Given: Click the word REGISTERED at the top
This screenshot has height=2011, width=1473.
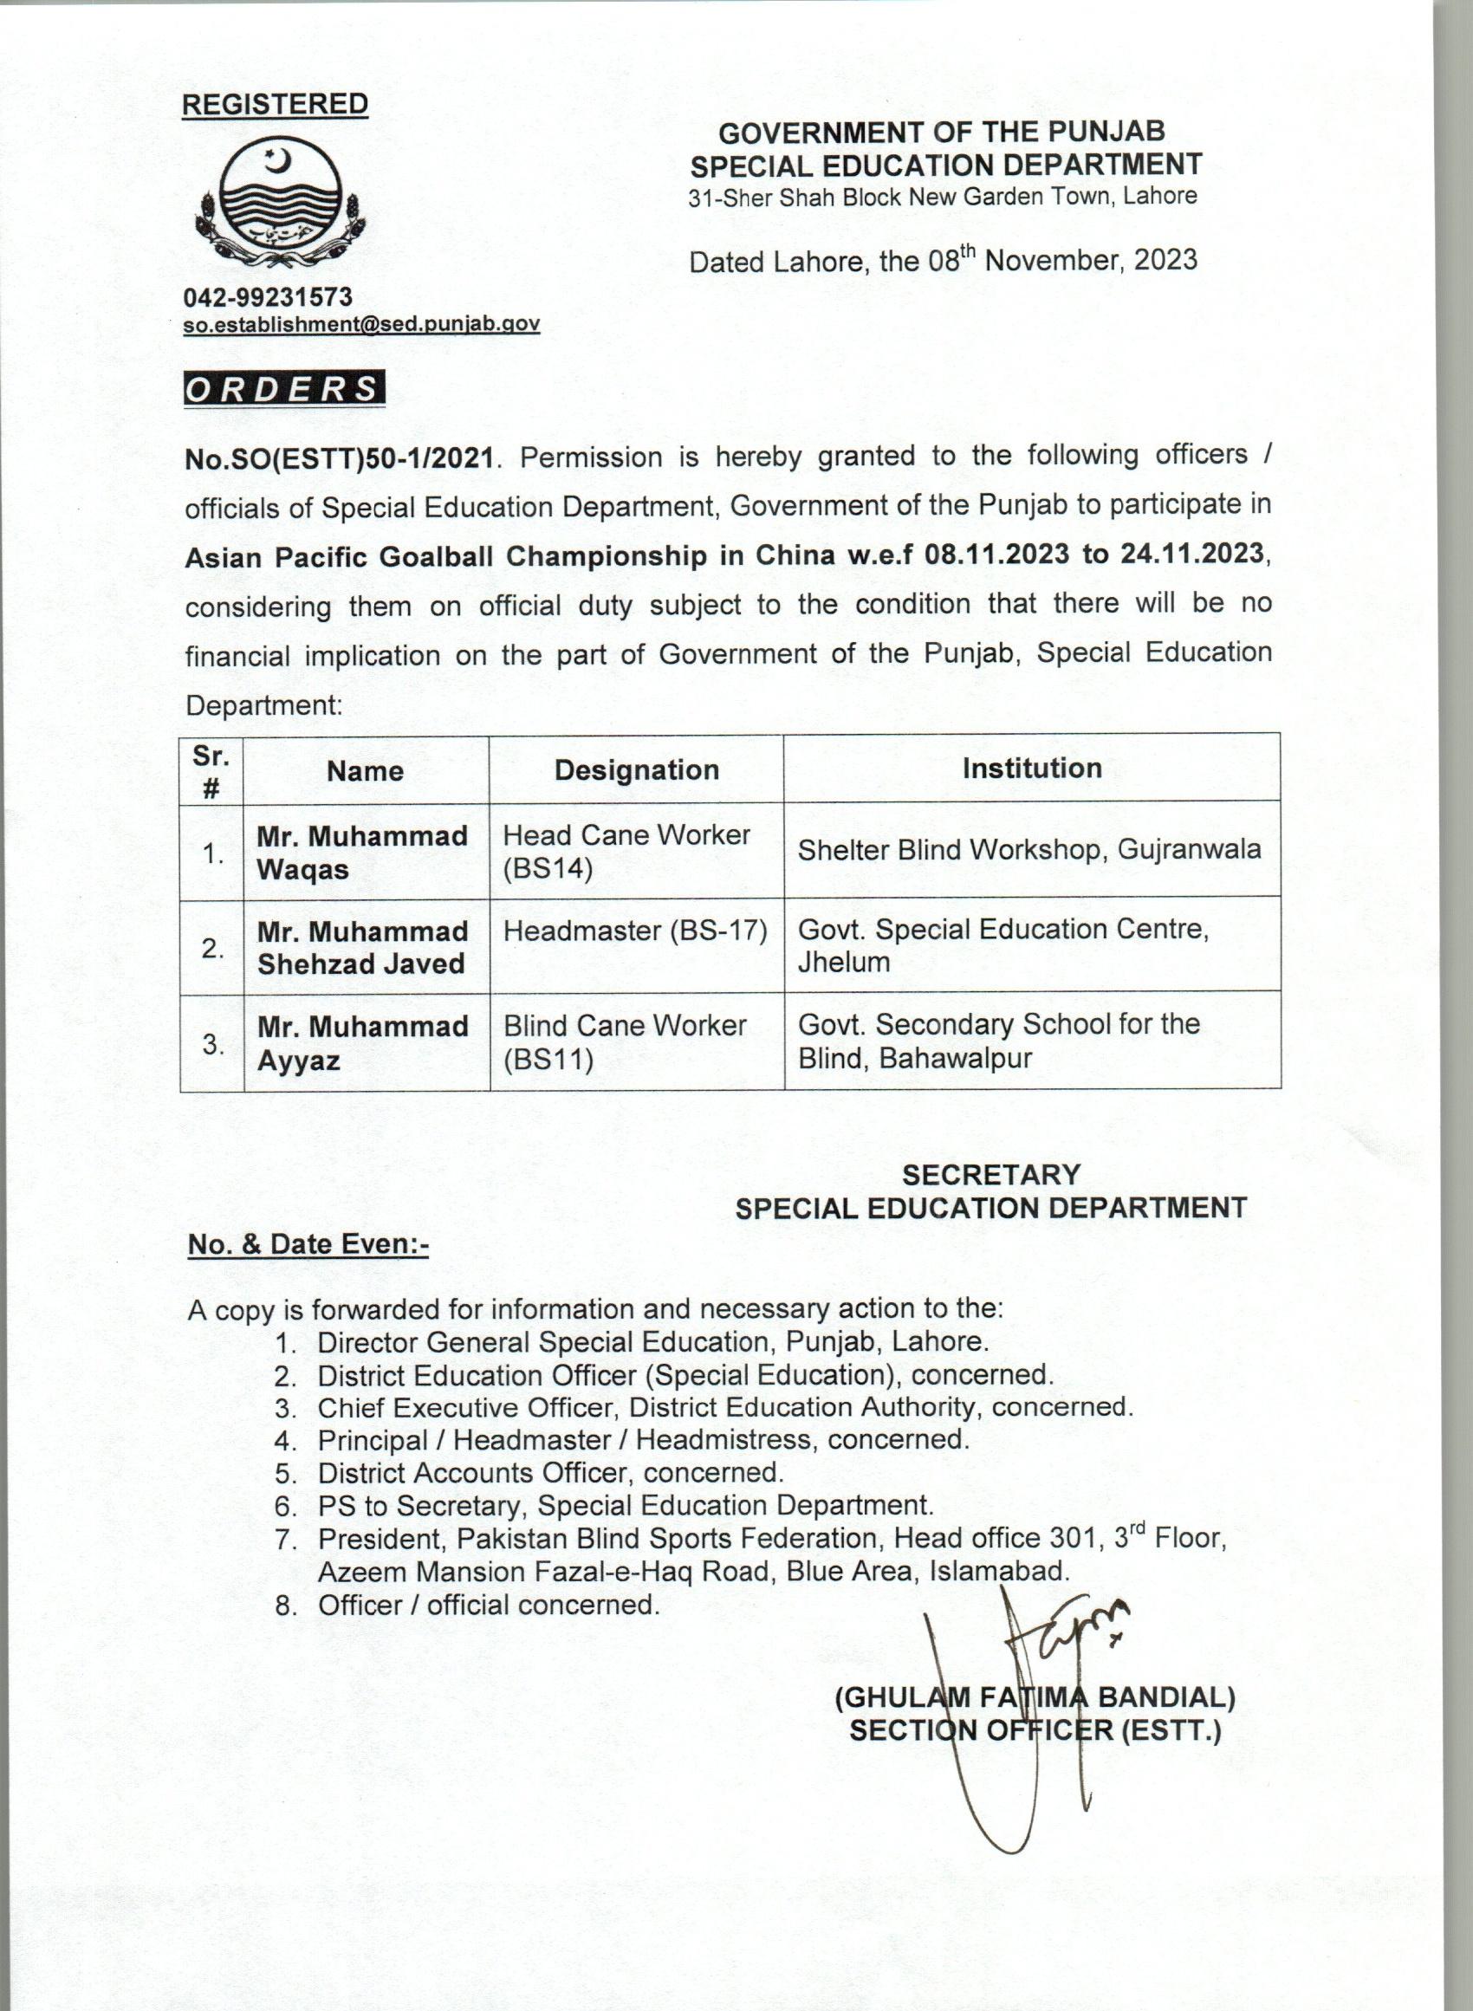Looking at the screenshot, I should (x=275, y=104).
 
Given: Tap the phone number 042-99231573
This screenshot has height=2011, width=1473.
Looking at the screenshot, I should (x=269, y=297).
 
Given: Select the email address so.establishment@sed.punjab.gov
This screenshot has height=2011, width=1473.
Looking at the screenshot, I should (x=361, y=323).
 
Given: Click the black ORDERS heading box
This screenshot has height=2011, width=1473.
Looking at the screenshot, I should (x=283, y=390).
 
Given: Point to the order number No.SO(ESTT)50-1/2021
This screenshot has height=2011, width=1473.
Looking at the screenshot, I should (x=339, y=458).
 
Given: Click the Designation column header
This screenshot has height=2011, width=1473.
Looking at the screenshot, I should (x=637, y=770).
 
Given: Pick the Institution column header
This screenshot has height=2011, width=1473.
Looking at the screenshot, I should (x=1032, y=769).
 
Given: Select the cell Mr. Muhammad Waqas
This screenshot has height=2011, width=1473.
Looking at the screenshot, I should (x=362, y=853).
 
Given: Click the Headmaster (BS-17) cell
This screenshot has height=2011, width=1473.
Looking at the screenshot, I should (x=635, y=931).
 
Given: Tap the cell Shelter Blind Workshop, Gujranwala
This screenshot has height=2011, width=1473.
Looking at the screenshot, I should (x=1029, y=849).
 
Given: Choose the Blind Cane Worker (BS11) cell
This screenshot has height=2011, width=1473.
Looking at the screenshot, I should (x=624, y=1042).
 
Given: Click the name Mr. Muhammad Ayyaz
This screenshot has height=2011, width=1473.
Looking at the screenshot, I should (x=362, y=1044).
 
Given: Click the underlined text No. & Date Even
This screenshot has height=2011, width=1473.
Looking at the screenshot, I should (x=308, y=1244).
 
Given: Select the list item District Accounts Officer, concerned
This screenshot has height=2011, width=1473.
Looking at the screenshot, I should (x=550, y=1472).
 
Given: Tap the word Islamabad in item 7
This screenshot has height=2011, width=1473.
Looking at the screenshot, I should (x=998, y=1571).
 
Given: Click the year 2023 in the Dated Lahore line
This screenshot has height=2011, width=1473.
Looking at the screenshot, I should (x=1165, y=260).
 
